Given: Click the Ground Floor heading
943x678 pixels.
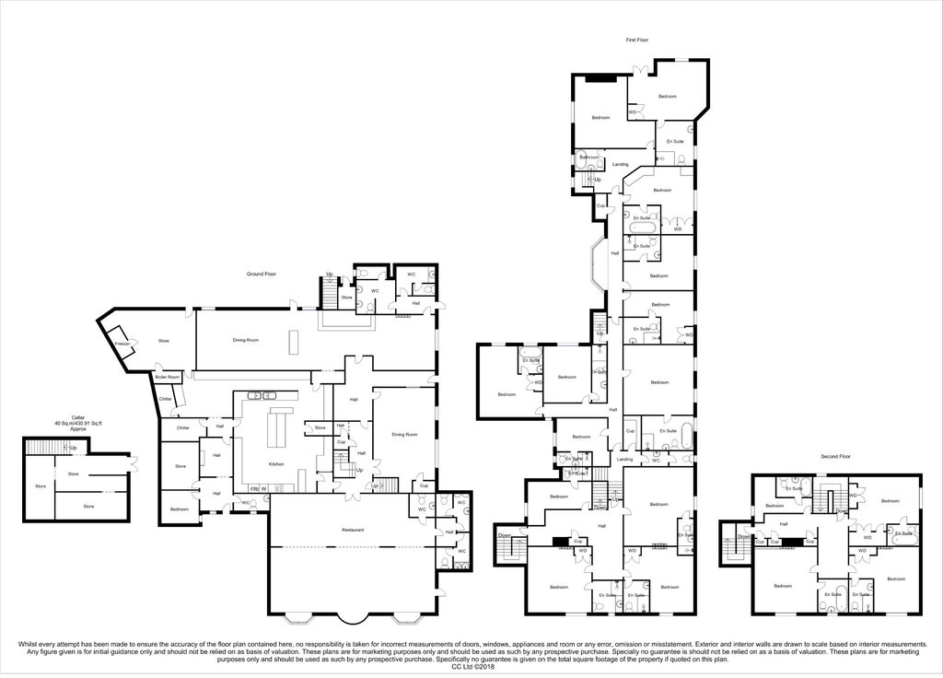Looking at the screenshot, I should [262, 275].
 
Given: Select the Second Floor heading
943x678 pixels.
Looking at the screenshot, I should [835, 456].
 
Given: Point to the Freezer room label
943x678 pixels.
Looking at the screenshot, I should [122, 344].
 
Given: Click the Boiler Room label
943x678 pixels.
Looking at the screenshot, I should [167, 377].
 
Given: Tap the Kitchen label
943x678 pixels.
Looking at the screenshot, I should [276, 463].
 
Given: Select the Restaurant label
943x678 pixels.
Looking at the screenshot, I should [352, 530].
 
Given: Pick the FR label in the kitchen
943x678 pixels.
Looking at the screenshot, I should [254, 488].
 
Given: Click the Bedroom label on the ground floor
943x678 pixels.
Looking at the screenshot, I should [180, 509].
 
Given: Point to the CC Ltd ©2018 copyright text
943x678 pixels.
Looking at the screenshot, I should [471, 667].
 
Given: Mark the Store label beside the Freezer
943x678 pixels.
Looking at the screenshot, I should [164, 341].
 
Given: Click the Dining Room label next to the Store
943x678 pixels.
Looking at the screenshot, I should [246, 340].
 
